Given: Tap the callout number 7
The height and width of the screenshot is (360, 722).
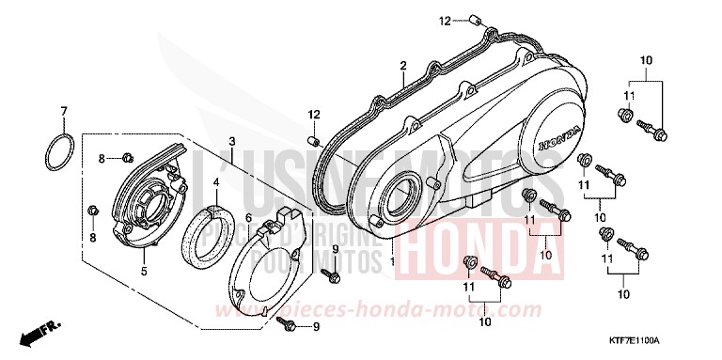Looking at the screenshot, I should pyautogui.click(x=64, y=112).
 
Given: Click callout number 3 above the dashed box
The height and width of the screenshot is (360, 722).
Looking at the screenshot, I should pyautogui.click(x=230, y=142).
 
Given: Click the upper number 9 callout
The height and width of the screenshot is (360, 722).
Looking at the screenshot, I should pyautogui.click(x=334, y=247).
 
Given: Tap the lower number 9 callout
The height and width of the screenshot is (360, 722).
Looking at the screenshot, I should pyautogui.click(x=315, y=327).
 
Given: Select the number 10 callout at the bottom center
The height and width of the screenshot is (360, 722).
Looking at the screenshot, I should pyautogui.click(x=485, y=322).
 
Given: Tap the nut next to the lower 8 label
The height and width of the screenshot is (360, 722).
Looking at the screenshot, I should pyautogui.click(x=93, y=208).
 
